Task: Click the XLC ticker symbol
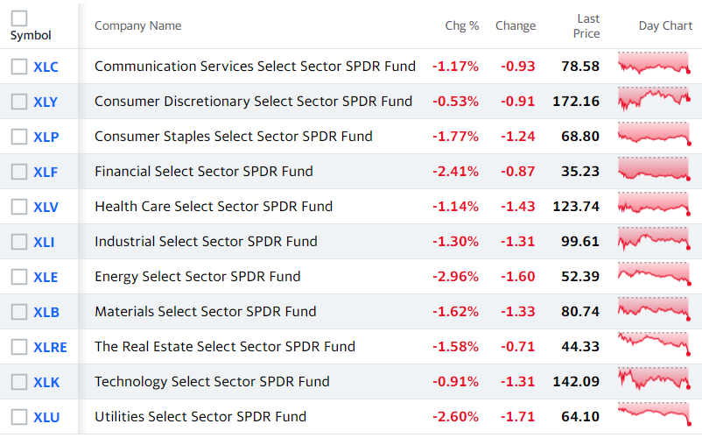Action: click(x=46, y=67)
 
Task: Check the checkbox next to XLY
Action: click(x=19, y=102)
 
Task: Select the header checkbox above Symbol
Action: click(x=19, y=18)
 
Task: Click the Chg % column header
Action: click(x=462, y=26)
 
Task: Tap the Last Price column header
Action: click(x=586, y=26)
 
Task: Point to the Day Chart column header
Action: click(x=665, y=26)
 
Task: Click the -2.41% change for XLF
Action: click(x=455, y=171)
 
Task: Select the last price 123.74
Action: click(x=576, y=206)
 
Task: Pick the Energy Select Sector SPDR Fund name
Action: click(x=198, y=277)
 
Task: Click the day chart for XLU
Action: click(x=654, y=413)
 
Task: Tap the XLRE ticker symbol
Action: click(x=50, y=347)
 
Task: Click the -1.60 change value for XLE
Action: click(x=517, y=277)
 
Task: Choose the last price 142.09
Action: click(x=576, y=381)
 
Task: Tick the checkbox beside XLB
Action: click(x=19, y=312)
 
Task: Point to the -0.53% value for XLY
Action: click(x=455, y=102)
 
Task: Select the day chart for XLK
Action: click(x=654, y=378)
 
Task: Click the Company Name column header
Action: click(x=138, y=26)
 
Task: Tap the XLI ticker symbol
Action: click(x=44, y=242)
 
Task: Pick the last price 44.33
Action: click(x=580, y=346)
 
